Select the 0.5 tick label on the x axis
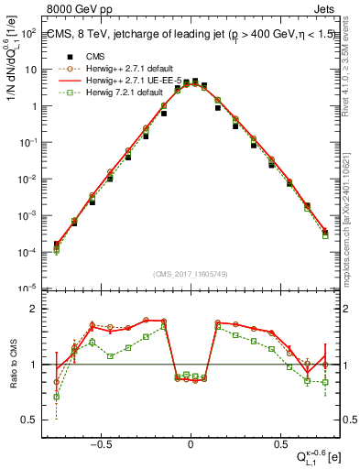pyautogui.click(x=278, y=442)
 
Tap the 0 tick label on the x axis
pyautogui.click(x=191, y=442)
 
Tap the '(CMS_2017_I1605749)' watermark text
pyautogui.click(x=191, y=275)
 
